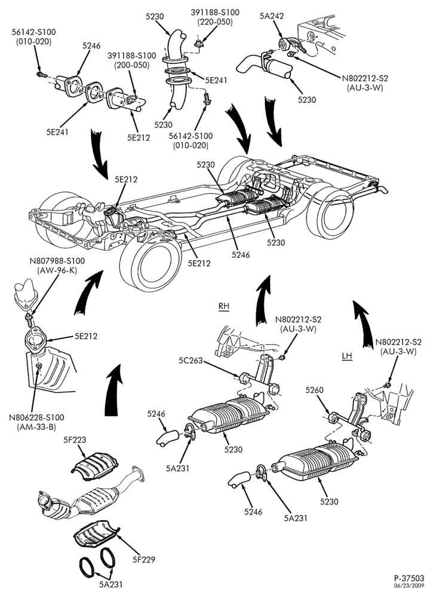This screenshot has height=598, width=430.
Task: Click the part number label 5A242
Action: pos(272,16)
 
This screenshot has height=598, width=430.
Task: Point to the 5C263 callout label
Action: pos(191,360)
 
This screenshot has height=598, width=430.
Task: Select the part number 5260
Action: pos(314,390)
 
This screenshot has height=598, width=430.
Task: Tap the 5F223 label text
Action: pos(75,440)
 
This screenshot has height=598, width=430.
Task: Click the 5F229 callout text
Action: pos(144,560)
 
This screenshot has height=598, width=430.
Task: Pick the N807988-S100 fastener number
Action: pos(57,261)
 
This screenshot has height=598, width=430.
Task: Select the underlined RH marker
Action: pos(224,306)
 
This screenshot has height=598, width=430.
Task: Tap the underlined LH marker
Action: pos(347,356)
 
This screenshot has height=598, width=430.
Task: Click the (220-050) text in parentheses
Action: pos(215,22)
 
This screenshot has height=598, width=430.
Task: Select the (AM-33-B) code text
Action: pos(36,427)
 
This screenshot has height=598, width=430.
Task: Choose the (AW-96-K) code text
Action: pos(57,270)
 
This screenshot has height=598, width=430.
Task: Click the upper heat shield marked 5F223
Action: pos(95,466)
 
